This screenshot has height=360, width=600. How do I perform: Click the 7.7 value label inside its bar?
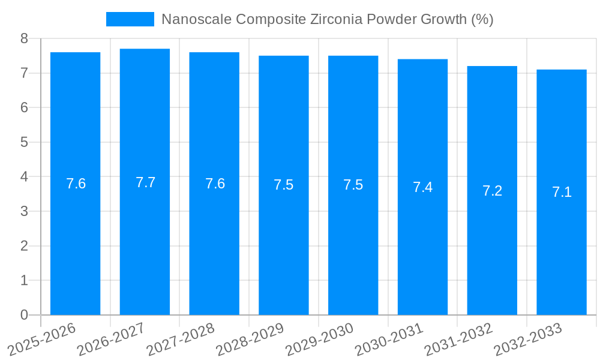pos(145,182)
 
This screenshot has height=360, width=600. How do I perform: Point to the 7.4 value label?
pos(422,187)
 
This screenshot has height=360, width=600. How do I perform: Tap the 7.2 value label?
pos(492,191)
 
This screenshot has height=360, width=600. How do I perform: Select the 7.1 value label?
pos(562,192)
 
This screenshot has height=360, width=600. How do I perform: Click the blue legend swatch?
pos(130,19)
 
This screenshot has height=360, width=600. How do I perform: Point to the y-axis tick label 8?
pos(24,38)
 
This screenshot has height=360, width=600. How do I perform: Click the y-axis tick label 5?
pos(24,142)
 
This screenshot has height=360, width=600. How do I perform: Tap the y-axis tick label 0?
pos(24,315)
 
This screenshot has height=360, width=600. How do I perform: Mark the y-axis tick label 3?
pos(24,211)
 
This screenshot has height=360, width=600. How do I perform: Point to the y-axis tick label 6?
pos(24,107)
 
